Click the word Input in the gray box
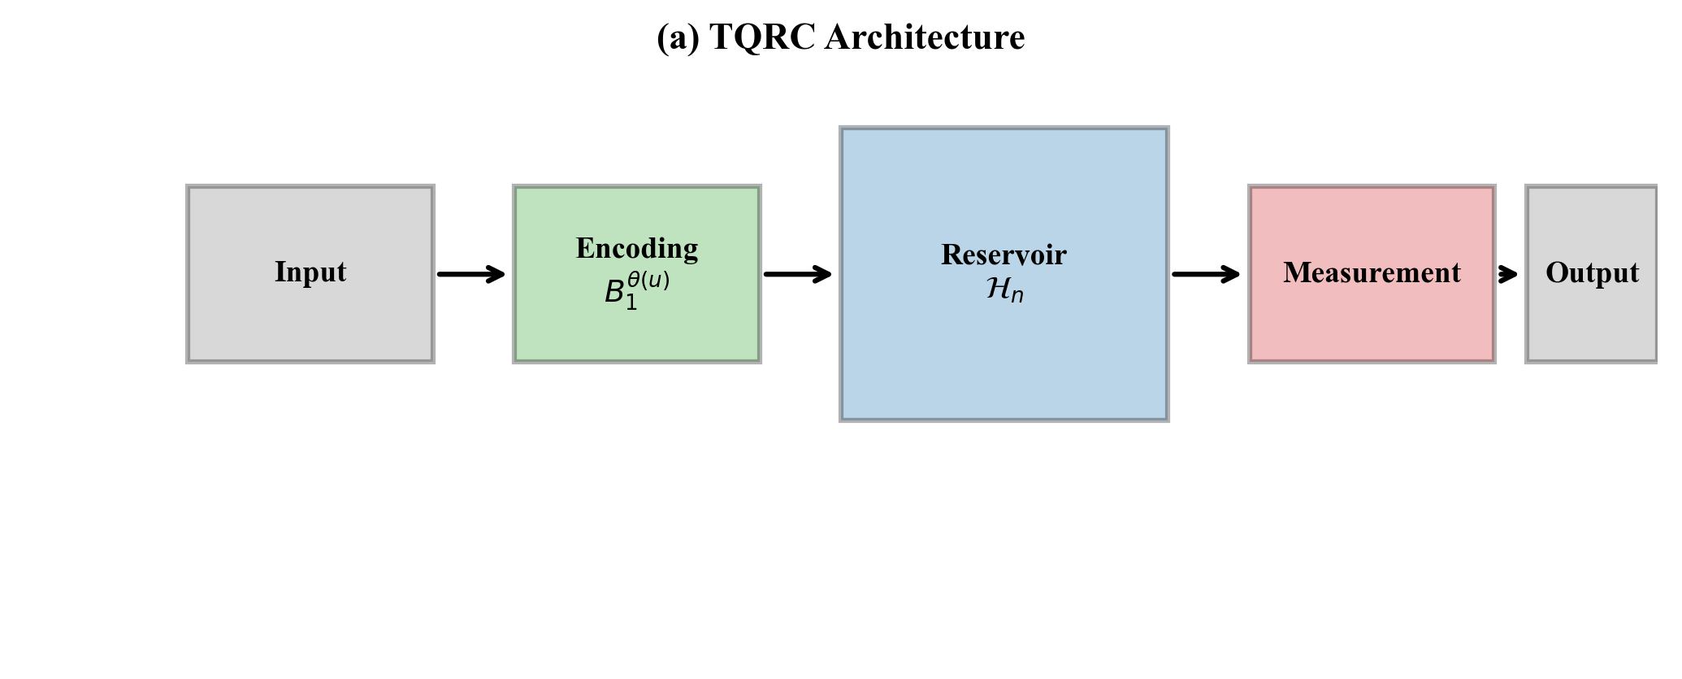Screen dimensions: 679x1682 point(310,272)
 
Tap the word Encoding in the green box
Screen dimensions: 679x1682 point(637,248)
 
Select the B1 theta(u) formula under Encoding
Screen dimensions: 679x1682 point(637,290)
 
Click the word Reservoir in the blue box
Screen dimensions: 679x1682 point(1004,255)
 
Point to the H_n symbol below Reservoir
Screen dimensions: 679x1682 point(1005,289)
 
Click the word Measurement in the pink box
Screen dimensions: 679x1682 point(1372,272)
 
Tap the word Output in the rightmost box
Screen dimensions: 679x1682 point(1592,272)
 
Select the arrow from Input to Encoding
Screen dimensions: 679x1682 point(471,275)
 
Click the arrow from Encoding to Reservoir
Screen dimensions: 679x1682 point(798,275)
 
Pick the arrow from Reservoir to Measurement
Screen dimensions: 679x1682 point(1207,275)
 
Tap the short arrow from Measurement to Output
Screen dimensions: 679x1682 point(1507,275)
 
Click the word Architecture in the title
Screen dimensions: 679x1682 point(924,37)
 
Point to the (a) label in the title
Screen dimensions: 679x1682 point(678,37)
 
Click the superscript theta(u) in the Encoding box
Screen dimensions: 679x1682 point(648,281)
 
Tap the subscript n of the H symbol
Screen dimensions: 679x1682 point(1017,297)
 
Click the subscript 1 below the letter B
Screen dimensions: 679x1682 point(631,303)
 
